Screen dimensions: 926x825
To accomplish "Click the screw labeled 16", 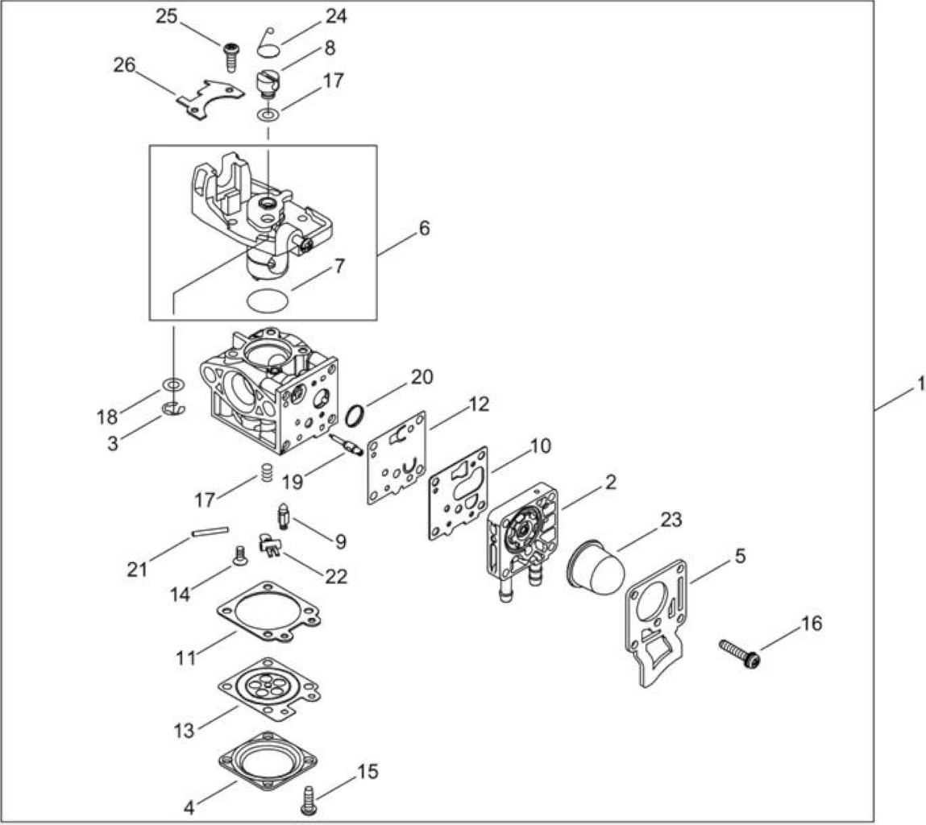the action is [x=739, y=653].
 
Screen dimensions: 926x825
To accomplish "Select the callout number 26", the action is [x=125, y=65].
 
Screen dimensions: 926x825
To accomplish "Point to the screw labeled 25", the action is [x=231, y=57].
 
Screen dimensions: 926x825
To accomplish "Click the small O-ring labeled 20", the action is [x=353, y=416].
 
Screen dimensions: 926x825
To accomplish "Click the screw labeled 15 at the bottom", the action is [x=309, y=800].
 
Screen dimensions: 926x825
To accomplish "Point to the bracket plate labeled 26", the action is [x=210, y=96].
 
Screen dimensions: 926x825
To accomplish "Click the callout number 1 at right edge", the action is [x=920, y=384].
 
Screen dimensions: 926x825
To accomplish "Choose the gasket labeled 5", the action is [x=656, y=623].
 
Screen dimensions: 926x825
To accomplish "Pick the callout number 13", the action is [x=185, y=731].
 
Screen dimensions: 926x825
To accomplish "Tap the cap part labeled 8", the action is [x=268, y=84].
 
